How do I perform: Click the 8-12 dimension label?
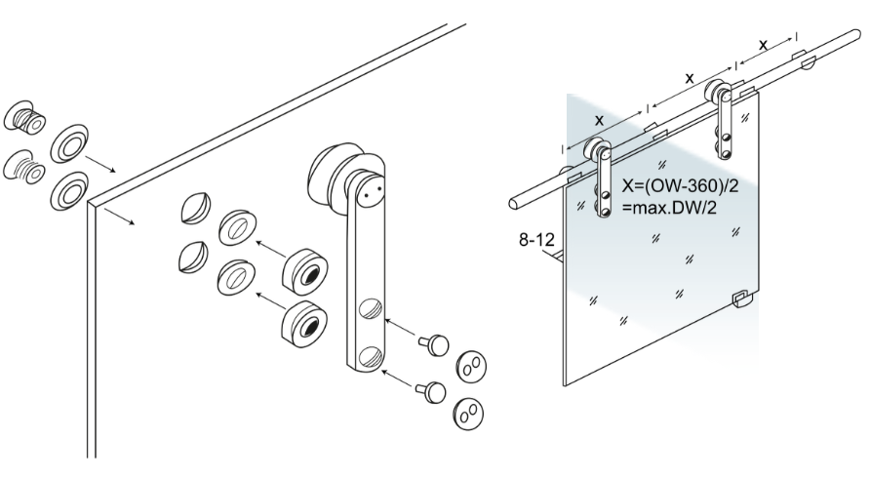536,240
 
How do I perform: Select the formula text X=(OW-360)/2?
681,186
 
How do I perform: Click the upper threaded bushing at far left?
24,119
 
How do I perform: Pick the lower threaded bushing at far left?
24,166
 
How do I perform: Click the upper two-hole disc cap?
470,367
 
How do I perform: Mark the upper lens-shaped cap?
195,208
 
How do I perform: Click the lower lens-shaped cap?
193,257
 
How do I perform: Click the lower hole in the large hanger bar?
370,357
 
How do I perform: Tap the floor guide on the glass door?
743,299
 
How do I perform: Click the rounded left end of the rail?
515,202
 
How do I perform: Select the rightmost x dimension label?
763,45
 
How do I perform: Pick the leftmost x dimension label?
599,119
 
